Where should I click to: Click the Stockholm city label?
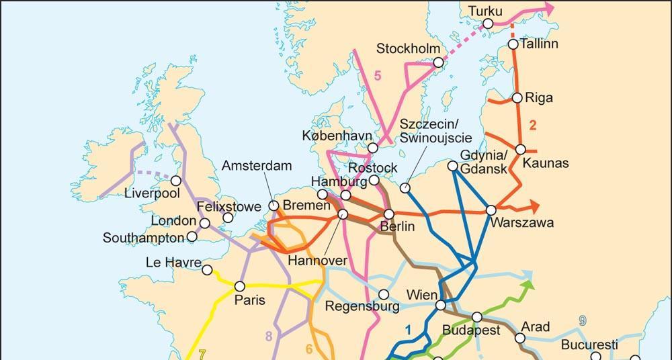pyautogui.click(x=408, y=48)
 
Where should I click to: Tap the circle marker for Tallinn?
pyautogui.click(x=513, y=44)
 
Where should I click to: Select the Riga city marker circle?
pyautogui.click(x=517, y=98)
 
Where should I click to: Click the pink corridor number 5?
pyautogui.click(x=378, y=76)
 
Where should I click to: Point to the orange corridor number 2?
pyautogui.click(x=533, y=125)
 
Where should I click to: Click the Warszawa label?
pyautogui.click(x=522, y=223)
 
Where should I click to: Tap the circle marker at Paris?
pyautogui.click(x=239, y=286)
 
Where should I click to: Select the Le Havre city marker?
pyautogui.click(x=207, y=270)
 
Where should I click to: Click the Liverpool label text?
pyautogui.click(x=153, y=193)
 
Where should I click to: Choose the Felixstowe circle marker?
pyautogui.click(x=228, y=218)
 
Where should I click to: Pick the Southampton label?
pyautogui.click(x=143, y=238)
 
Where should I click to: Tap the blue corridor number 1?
pyautogui.click(x=407, y=329)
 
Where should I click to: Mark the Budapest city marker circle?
pyautogui.click(x=476, y=317)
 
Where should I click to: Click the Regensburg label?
pyautogui.click(x=362, y=307)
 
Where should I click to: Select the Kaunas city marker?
pyautogui.click(x=521, y=149)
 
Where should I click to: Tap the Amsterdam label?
pyautogui.click(x=257, y=165)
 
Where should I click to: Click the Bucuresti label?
pyautogui.click(x=589, y=345)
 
